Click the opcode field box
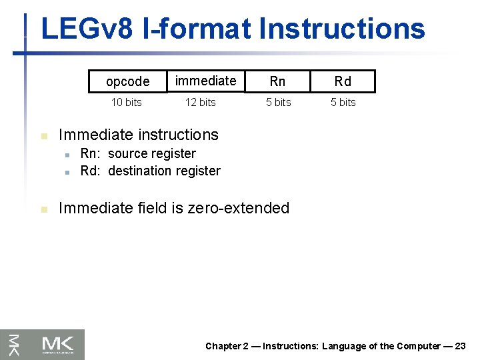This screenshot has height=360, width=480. point(127,81)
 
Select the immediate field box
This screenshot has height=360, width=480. point(205,81)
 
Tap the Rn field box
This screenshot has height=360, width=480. point(277,81)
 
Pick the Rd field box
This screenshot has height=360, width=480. point(343,81)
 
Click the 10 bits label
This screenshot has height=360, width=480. point(126,102)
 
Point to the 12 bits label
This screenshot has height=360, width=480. point(200,102)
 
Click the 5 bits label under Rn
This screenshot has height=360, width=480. point(278,102)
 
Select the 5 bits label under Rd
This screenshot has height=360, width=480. point(343,102)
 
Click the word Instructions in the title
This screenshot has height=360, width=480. point(342,29)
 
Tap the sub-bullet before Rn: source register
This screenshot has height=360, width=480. point(67,155)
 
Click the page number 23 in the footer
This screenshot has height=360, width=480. point(460,346)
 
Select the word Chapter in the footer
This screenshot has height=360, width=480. point(223,346)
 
